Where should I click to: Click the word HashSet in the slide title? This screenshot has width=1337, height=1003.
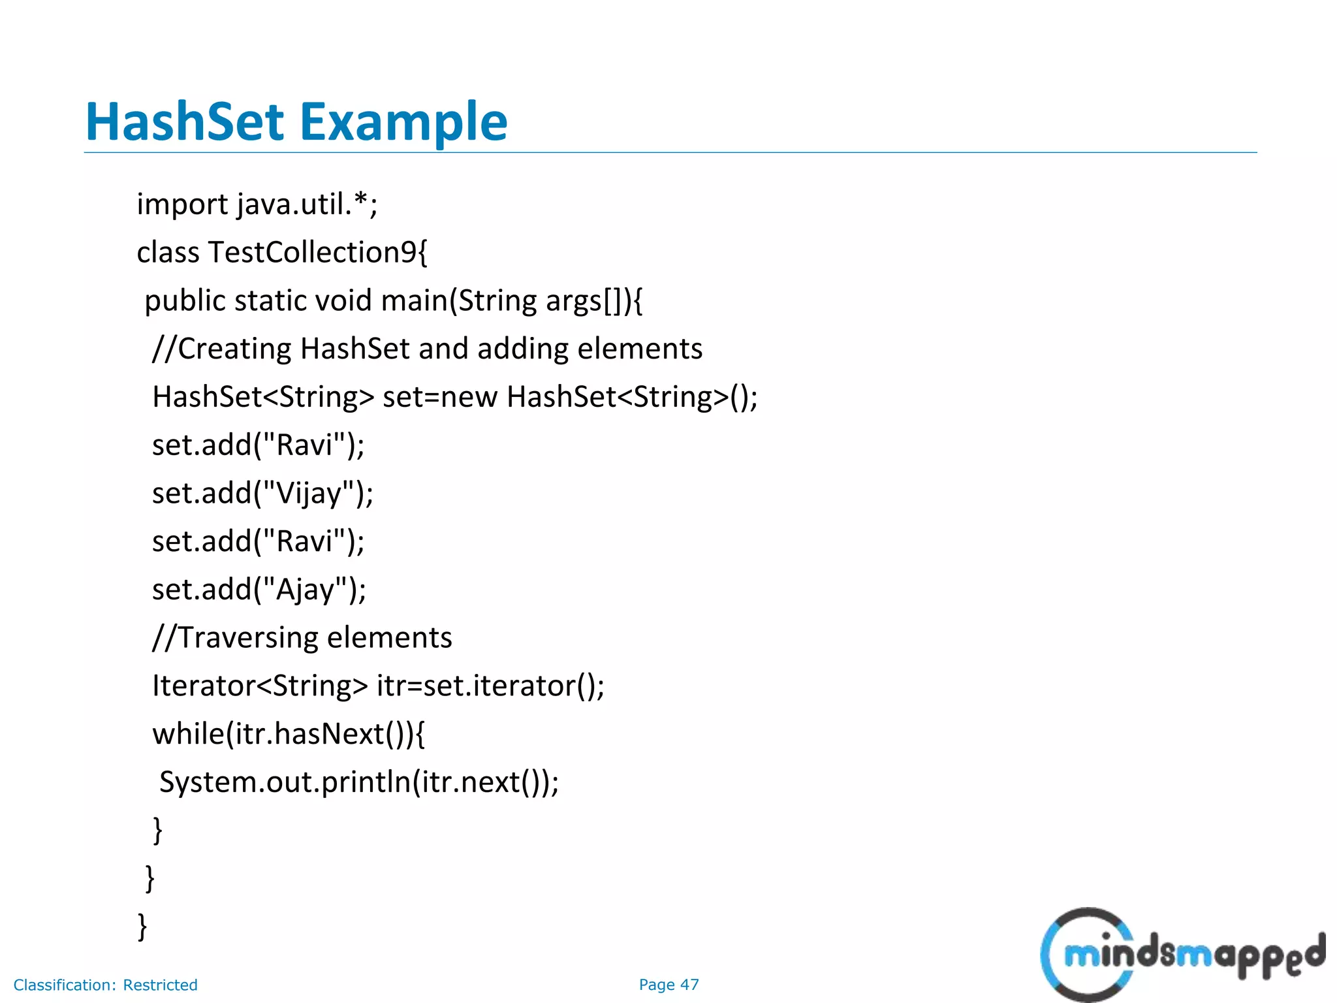coord(185,122)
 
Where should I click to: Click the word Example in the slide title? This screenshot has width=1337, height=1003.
coord(403,122)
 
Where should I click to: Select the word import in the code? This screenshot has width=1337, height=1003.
coord(182,204)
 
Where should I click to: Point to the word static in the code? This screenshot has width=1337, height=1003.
coord(270,301)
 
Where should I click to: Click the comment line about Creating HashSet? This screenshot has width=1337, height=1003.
coord(427,349)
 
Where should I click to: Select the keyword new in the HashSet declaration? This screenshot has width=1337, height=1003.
coord(469,397)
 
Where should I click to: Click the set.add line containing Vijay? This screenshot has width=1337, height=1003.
coord(262,493)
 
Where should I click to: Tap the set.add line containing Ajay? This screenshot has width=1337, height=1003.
coord(259,589)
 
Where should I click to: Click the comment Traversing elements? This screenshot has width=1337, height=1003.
coord(302,637)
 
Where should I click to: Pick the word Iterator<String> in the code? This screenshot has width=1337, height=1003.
coord(260,686)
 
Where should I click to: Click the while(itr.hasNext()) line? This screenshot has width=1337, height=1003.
coord(288,734)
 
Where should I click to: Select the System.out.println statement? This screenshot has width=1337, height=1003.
coord(359,782)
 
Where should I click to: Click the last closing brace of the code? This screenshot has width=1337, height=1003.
coord(142,927)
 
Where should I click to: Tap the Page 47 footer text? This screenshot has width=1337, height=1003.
coord(668,985)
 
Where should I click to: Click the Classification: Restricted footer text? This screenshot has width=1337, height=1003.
coord(105,985)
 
